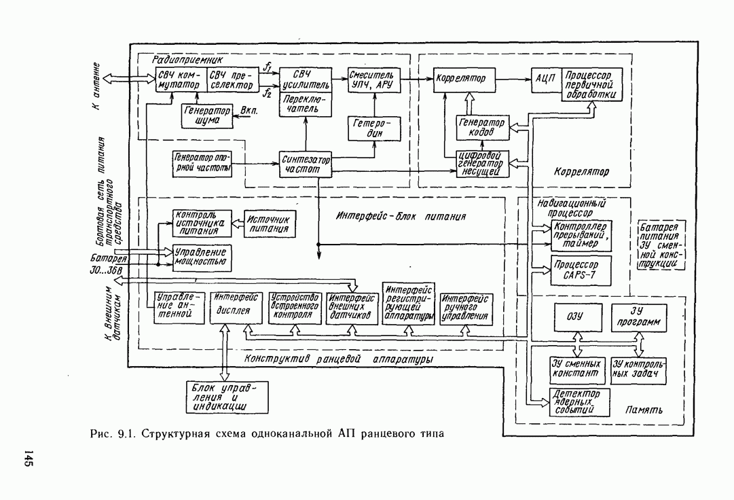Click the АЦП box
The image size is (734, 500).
pyautogui.click(x=545, y=79)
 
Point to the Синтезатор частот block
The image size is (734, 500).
pyautogui.click(x=305, y=164)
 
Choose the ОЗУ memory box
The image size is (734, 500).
pyautogui.click(x=575, y=317)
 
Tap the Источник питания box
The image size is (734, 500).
pyautogui.click(x=270, y=224)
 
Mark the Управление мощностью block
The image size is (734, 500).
pyautogui.click(x=200, y=257)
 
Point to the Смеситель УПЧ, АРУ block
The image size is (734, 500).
pyautogui.click(x=373, y=79)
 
